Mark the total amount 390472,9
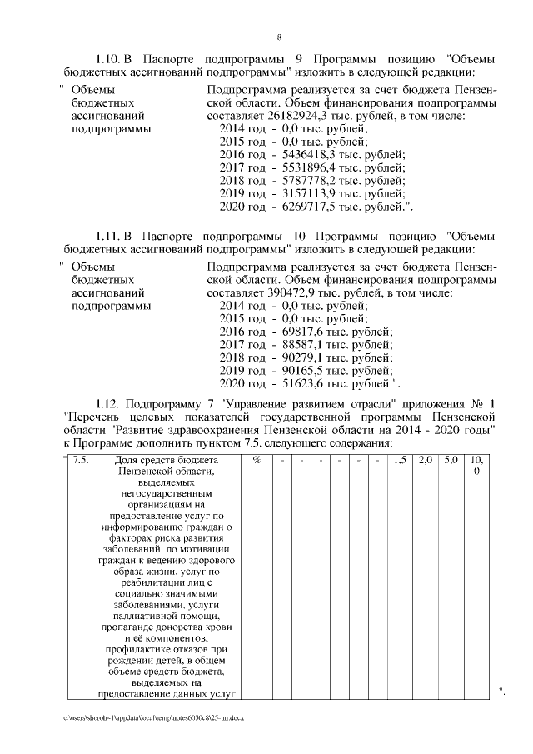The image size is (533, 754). [x=291, y=292]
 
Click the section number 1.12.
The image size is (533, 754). [x=108, y=412]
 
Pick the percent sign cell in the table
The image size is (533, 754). [x=257, y=461]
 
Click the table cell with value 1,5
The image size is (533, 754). [x=400, y=461]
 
